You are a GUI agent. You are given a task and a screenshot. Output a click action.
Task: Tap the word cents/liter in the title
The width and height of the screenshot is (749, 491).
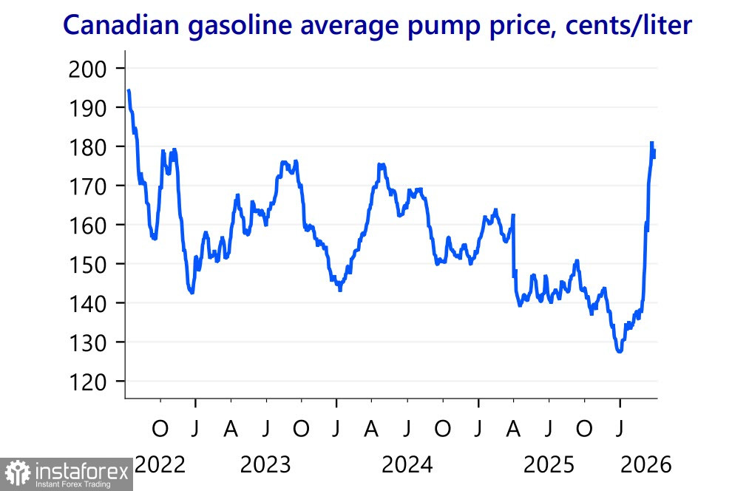coord(628,26)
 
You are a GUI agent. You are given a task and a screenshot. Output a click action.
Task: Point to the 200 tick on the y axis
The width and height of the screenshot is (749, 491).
coord(87,70)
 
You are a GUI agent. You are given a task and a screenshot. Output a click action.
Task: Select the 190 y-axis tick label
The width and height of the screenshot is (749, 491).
coord(87,109)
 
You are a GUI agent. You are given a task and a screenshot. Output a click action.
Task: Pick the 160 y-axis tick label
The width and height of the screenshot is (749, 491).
coord(87,226)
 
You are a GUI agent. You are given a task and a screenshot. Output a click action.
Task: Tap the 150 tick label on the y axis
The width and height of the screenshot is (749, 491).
coord(87,265)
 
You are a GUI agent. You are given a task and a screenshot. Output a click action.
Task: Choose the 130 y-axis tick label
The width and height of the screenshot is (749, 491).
coord(87,343)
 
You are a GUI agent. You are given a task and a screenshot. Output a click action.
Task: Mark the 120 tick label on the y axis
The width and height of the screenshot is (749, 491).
coord(87,382)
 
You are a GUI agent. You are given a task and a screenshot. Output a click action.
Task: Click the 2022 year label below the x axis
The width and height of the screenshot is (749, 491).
coord(160,466)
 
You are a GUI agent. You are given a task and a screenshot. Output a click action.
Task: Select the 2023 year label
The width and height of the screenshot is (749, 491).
coord(265,466)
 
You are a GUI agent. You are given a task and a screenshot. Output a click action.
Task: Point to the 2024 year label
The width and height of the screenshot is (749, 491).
coord(407,466)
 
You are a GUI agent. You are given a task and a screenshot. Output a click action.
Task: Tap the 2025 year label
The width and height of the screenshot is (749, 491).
coord(549,466)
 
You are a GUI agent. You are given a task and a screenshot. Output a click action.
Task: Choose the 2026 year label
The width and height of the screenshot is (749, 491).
coord(645,466)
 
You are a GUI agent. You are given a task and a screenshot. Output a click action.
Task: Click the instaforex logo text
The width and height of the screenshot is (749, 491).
coord(81,470)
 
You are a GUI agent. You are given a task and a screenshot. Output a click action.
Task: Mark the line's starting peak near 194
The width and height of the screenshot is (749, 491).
coord(129,90)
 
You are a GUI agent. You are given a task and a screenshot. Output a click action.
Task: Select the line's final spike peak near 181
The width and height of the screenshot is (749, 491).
coord(652,142)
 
